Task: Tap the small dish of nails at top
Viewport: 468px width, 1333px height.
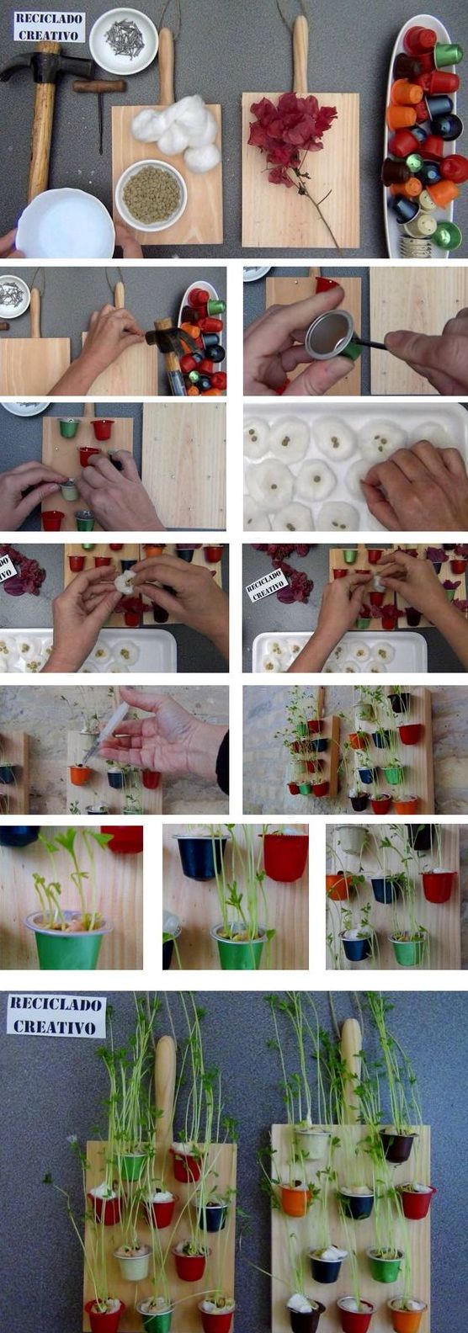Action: click(x=123, y=40)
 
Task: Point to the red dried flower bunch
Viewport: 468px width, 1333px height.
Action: click(x=290, y=131)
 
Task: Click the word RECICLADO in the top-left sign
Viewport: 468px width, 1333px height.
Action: click(x=48, y=19)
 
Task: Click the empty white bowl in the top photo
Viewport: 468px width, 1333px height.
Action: click(x=65, y=223)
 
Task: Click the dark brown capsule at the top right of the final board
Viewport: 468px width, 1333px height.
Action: click(x=398, y=1146)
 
